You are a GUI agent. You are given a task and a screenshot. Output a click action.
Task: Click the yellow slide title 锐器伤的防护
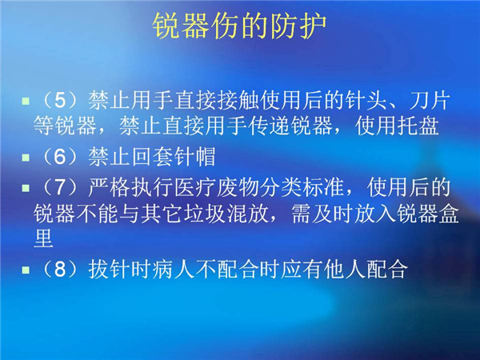239,26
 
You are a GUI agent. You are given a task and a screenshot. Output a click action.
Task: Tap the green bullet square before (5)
26,101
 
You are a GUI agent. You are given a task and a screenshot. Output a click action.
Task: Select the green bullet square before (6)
26,158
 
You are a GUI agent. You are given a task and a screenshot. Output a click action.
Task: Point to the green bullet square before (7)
26,188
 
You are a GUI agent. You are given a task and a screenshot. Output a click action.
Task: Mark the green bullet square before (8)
26,270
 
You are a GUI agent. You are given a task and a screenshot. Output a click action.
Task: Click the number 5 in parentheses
60,101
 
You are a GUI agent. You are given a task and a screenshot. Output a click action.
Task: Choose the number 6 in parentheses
60,157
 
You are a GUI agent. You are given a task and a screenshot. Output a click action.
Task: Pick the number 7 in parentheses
60,187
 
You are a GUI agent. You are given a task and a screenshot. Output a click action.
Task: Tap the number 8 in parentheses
60,270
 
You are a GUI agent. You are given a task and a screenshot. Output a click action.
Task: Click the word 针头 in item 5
366,101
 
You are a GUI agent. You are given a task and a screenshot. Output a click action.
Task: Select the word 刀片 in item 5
430,101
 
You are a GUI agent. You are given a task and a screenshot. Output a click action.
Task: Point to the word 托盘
418,126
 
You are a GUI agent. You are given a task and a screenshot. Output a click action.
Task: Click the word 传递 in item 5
269,126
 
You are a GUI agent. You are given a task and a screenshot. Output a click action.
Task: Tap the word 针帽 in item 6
195,157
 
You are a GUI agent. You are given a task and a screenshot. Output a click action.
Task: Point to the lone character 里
43,238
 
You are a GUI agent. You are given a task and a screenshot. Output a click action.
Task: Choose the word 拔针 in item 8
110,270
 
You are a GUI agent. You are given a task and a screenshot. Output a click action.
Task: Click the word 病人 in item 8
174,270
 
